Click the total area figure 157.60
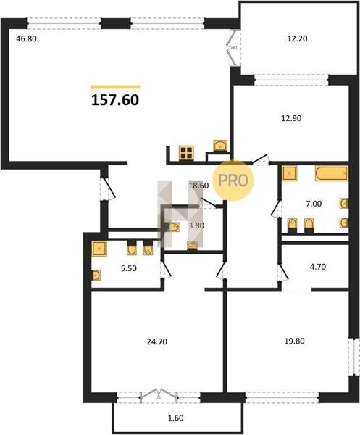click(x=115, y=100)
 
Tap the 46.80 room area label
click(x=26, y=38)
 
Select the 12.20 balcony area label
click(x=297, y=38)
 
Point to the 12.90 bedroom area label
click(x=291, y=118)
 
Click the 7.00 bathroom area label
click(x=314, y=204)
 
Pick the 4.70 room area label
click(x=317, y=267)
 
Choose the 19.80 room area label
click(x=295, y=341)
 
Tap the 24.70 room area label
click(x=157, y=341)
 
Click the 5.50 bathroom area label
click(x=129, y=268)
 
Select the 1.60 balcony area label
click(x=176, y=418)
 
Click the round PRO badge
click(x=233, y=181)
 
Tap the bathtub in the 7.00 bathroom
click(x=332, y=173)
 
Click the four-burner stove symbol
click(x=186, y=153)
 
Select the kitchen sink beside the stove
click(x=220, y=146)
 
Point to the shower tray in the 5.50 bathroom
click(x=99, y=248)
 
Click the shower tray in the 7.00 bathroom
click(x=289, y=173)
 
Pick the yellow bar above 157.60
click(x=115, y=87)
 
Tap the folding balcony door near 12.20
click(x=233, y=48)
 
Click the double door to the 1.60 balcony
click(x=159, y=394)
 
